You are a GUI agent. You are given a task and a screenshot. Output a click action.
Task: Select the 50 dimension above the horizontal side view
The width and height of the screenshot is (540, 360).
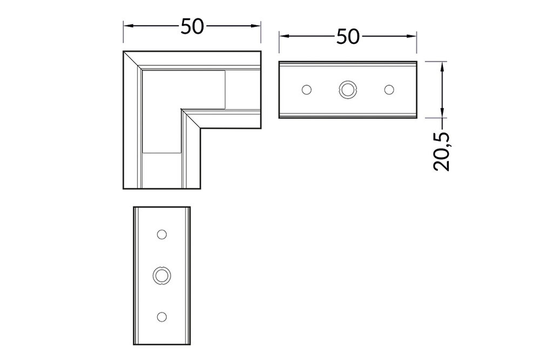348,36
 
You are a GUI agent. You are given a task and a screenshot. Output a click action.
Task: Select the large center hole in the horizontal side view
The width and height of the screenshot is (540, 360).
347,89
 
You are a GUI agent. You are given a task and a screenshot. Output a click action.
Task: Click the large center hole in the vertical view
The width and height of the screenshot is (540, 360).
161,275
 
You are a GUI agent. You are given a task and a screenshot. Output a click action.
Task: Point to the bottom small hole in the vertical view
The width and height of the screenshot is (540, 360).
161,316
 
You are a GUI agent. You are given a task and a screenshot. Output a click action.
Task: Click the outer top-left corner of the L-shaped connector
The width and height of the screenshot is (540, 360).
124,52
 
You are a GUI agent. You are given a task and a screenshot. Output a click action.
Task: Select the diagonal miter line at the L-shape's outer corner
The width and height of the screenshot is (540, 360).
133,60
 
